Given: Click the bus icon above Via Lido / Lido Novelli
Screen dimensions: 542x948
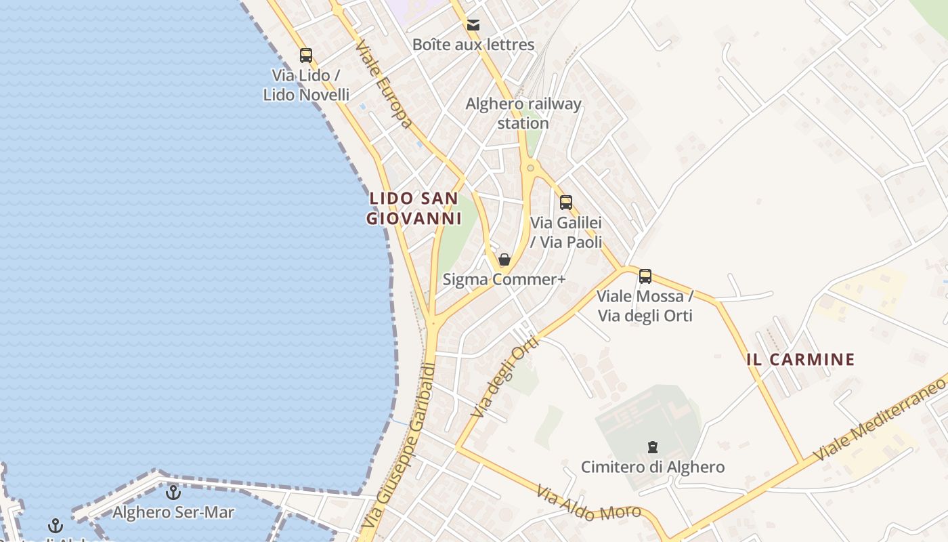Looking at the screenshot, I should coord(306,56).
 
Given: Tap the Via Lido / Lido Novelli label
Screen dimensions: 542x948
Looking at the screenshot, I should coord(306,85).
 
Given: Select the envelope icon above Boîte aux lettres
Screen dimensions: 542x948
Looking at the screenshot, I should coord(473,25).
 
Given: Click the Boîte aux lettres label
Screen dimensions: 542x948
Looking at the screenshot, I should coord(473,45).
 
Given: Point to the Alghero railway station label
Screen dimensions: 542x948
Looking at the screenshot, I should coord(523,113).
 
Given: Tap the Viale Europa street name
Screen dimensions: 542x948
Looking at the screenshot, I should coord(383,84).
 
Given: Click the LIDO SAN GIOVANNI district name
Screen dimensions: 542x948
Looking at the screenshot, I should coord(414,209).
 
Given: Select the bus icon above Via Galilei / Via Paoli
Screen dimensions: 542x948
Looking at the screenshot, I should coord(566,202).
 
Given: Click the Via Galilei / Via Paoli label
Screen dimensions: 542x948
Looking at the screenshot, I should coord(566,232).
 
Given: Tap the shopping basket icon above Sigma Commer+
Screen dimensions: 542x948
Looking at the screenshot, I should coord(504,259).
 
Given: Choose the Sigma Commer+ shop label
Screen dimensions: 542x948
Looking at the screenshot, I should coord(504,279).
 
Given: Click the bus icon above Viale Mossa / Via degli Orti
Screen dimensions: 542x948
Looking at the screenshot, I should coord(645,276).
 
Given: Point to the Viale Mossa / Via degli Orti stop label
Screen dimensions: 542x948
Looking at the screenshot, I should coord(645,306).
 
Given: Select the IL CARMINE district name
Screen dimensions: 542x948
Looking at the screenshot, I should coord(800,360).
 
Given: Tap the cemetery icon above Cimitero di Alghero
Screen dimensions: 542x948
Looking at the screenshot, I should coord(653,447).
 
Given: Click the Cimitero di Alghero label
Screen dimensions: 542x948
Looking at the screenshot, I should coord(653,467).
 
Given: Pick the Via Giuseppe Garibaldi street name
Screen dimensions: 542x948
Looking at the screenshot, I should coord(397,447).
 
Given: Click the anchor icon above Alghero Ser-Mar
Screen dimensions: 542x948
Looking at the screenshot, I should coord(173,493).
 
